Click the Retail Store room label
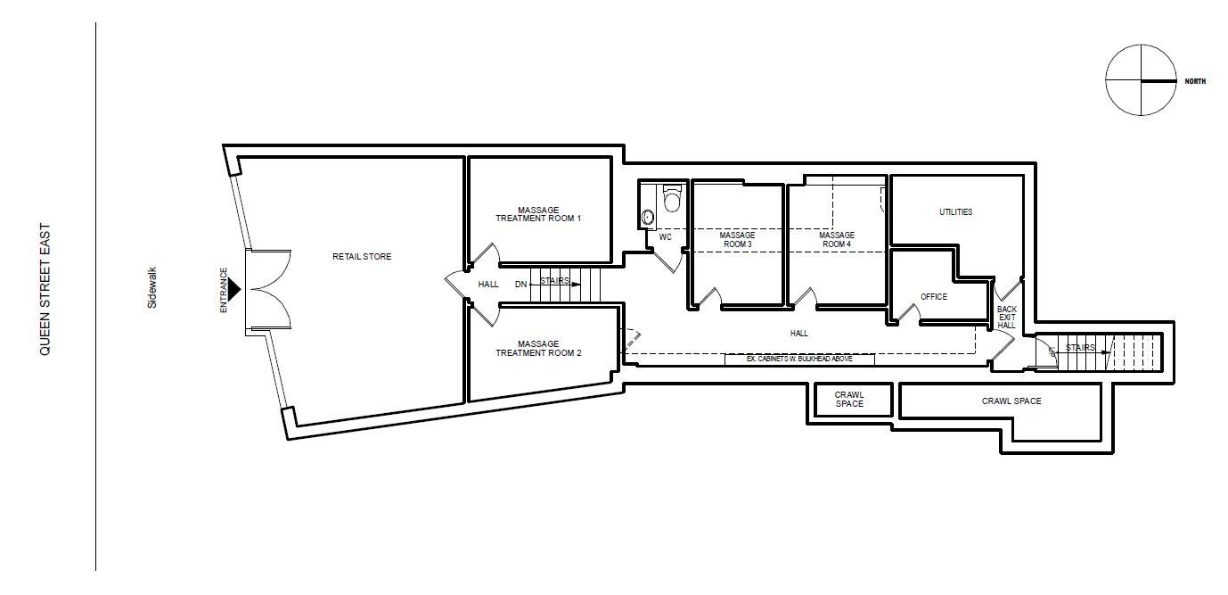coord(362,257)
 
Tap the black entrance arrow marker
coord(234,289)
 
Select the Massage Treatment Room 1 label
coord(538,215)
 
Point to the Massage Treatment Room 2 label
coord(538,348)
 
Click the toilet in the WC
coord(672,199)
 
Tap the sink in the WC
coord(648,217)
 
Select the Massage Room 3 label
coord(736,240)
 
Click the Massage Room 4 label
coord(837,240)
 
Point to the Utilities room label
coord(955,212)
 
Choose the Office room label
coord(934,297)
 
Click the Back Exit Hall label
coord(1006,318)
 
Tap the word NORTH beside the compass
coord(1195,81)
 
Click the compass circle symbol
coord(1140,80)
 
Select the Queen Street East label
coord(45,290)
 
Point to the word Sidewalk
coord(152,287)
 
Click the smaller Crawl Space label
coord(849,399)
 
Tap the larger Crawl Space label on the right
coord(1011,401)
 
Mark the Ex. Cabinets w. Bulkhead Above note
coord(799,359)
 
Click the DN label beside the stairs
coord(520,285)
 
